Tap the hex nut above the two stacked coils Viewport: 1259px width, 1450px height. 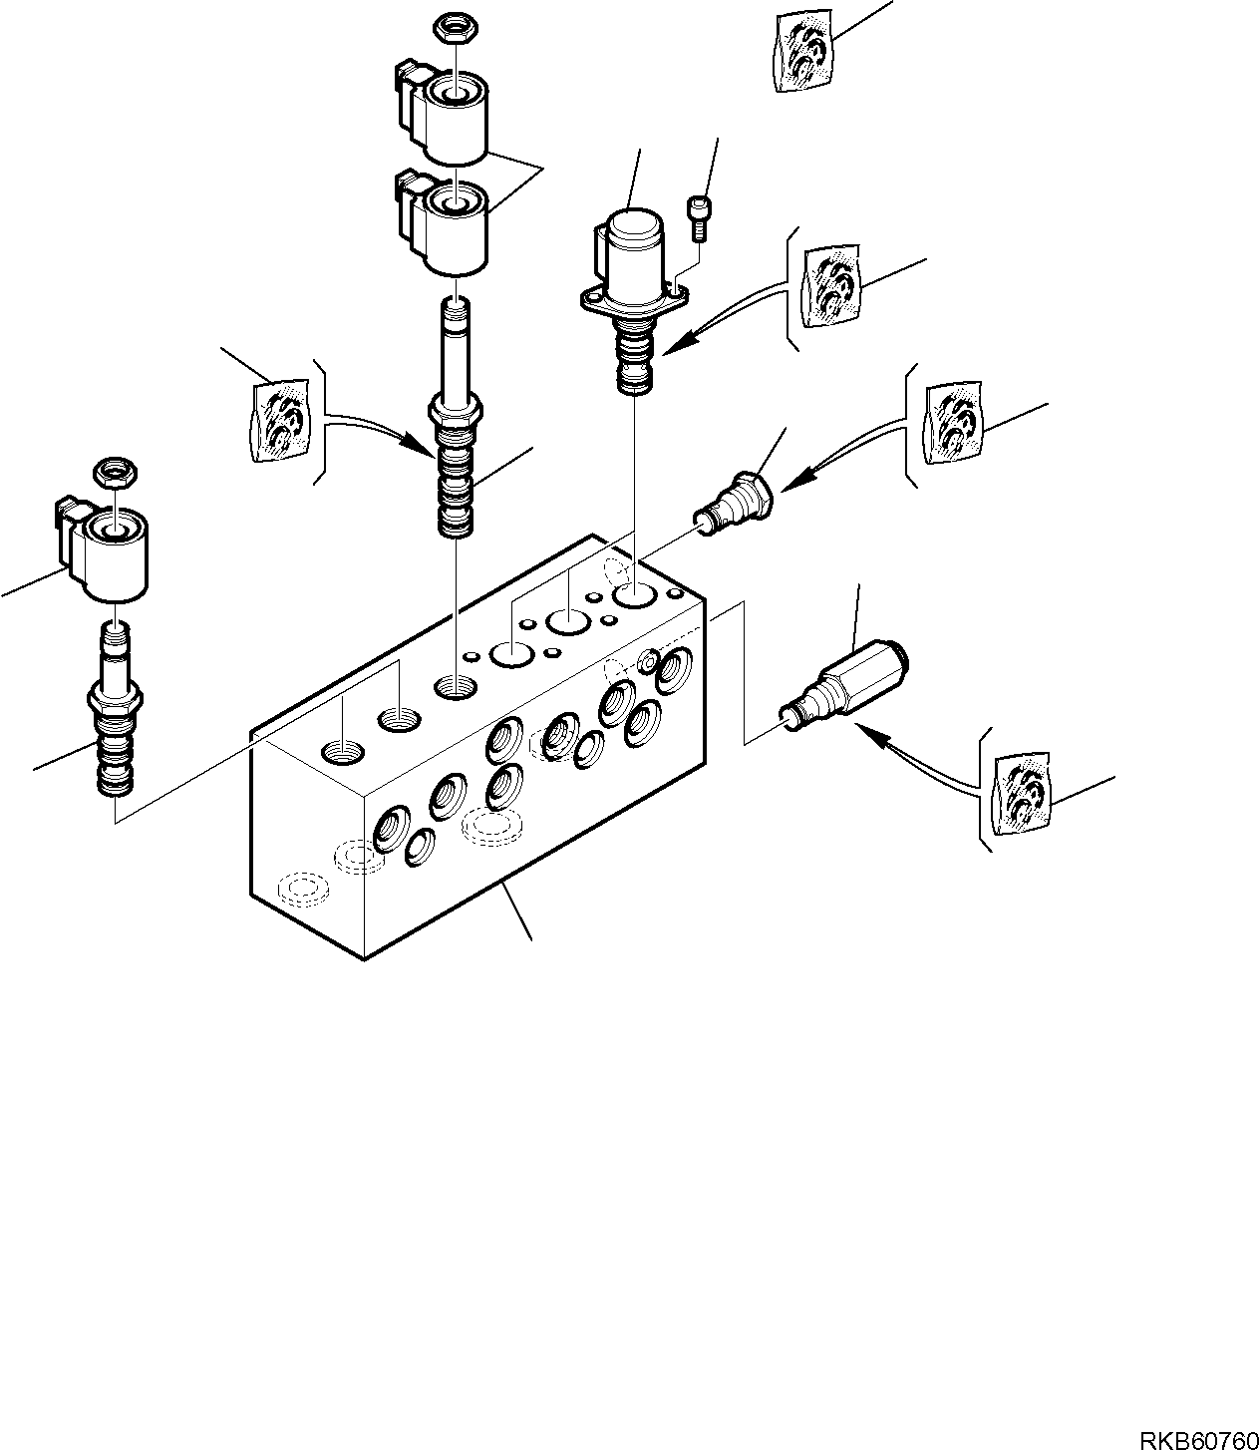pyautogui.click(x=454, y=31)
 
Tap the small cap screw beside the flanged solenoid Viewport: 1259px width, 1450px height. pyautogui.click(x=698, y=217)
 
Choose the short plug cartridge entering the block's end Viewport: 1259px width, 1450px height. pyautogui.click(x=736, y=504)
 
